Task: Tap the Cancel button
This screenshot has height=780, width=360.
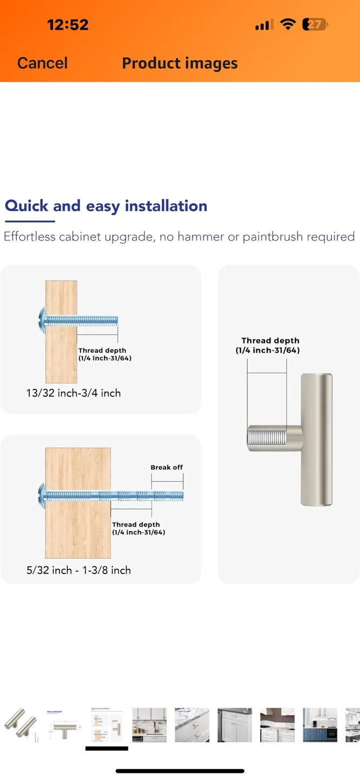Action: tap(42, 63)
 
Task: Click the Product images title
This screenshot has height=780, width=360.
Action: tap(180, 63)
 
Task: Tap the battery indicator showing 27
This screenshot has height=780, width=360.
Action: tap(315, 24)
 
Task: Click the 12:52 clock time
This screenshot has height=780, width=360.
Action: tap(68, 24)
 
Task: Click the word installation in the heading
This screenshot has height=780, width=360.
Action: tap(166, 206)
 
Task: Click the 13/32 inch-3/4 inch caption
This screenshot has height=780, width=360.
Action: tap(73, 393)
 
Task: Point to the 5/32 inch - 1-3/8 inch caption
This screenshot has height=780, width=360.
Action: tap(78, 570)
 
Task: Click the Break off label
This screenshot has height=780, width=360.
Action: tap(167, 467)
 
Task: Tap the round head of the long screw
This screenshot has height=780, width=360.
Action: tap(41, 493)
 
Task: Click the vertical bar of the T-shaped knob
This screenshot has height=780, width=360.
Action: tap(317, 439)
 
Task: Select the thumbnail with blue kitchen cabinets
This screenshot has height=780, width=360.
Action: tap(320, 724)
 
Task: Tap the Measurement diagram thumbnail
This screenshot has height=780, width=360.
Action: tap(64, 724)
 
